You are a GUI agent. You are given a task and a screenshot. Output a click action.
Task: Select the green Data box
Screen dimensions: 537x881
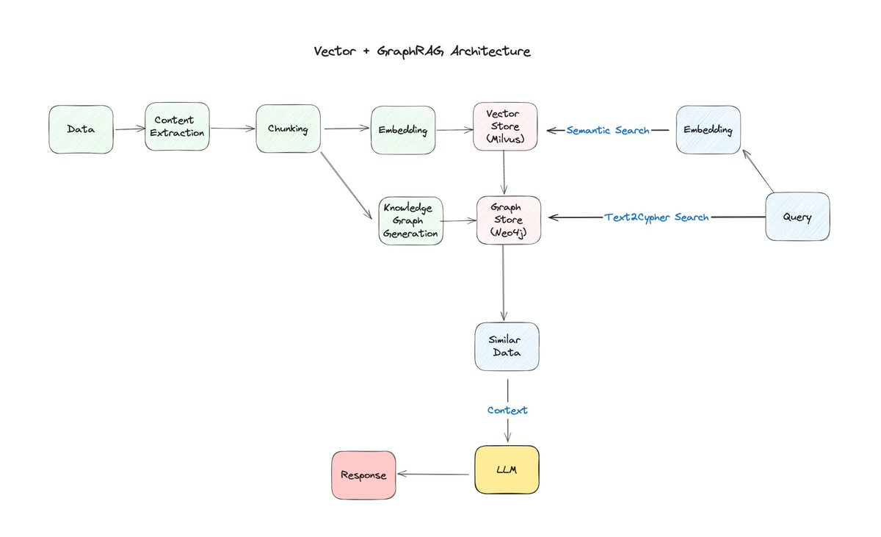(x=81, y=129)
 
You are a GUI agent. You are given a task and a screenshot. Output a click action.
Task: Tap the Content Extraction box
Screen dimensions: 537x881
(x=178, y=127)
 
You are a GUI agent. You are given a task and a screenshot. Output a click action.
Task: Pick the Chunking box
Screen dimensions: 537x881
(x=289, y=129)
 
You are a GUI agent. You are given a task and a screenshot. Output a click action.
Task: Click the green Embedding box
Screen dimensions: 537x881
(x=403, y=130)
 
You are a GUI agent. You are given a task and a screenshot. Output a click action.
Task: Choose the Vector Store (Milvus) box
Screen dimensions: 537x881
(x=506, y=127)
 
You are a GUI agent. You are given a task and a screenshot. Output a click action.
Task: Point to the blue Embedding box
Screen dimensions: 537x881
(x=708, y=130)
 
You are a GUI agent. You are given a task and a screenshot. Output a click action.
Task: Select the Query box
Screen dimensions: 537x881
(x=797, y=217)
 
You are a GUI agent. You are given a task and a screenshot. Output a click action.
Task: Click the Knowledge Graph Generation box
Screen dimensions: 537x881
(x=410, y=220)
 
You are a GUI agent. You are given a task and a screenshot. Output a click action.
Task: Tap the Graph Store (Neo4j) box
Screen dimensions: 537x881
(x=510, y=218)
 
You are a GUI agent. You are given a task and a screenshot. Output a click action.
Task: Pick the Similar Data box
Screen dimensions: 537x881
(x=507, y=346)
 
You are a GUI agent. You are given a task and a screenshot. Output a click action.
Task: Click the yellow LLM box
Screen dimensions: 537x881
(x=507, y=469)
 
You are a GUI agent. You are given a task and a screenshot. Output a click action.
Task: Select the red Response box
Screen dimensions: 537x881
(x=363, y=475)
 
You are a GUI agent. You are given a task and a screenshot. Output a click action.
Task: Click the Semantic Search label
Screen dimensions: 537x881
(x=608, y=130)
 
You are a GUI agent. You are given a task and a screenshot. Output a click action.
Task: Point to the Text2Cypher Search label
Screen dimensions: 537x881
(x=656, y=217)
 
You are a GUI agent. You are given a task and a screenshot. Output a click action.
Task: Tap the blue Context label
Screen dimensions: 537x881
(x=507, y=410)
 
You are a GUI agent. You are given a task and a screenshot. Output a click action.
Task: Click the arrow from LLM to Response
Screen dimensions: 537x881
(x=433, y=475)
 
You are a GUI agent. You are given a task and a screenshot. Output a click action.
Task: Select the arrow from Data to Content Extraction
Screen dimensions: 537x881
(x=129, y=129)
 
